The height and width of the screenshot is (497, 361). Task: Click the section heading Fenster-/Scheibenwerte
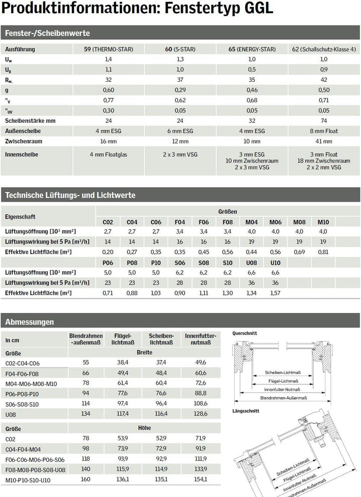coord(47,33)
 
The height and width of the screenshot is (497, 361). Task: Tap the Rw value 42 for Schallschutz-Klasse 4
coord(324,80)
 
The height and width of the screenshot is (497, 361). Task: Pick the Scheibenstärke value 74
coord(324,121)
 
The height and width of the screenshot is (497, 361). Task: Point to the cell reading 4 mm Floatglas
coord(108,154)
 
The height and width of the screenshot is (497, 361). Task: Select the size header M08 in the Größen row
coord(299,222)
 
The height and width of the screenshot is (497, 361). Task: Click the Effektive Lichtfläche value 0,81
coord(323,251)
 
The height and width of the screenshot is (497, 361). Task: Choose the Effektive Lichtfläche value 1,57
coord(275,292)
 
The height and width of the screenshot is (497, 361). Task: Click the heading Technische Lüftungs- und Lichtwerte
coord(70,195)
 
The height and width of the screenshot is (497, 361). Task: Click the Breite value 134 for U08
coord(86,414)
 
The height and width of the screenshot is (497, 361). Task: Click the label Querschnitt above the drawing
coord(245,333)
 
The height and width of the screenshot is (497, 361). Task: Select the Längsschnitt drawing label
coord(246,411)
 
